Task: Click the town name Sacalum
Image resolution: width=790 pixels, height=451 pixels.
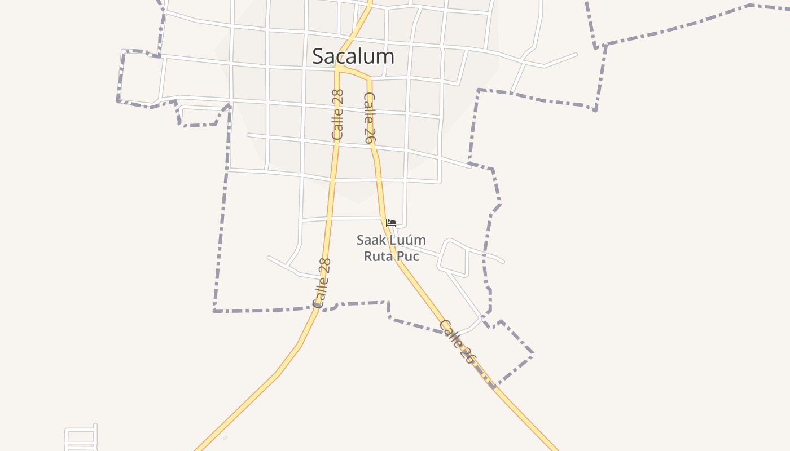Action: pos(353,56)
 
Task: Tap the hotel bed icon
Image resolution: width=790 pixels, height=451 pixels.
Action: pos(391,223)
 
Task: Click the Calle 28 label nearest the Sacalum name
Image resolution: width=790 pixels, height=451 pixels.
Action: pos(337,114)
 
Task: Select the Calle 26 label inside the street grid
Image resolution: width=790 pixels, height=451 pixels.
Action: pos(369,118)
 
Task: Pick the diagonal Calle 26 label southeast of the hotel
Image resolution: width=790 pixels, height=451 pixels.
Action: pos(457,341)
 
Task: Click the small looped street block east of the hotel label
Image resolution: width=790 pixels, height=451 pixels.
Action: pos(454,258)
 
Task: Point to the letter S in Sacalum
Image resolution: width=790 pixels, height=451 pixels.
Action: pos(319,56)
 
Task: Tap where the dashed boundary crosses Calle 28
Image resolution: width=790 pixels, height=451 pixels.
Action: pos(317,307)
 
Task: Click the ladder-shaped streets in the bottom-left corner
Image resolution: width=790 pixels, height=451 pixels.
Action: pos(81,437)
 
